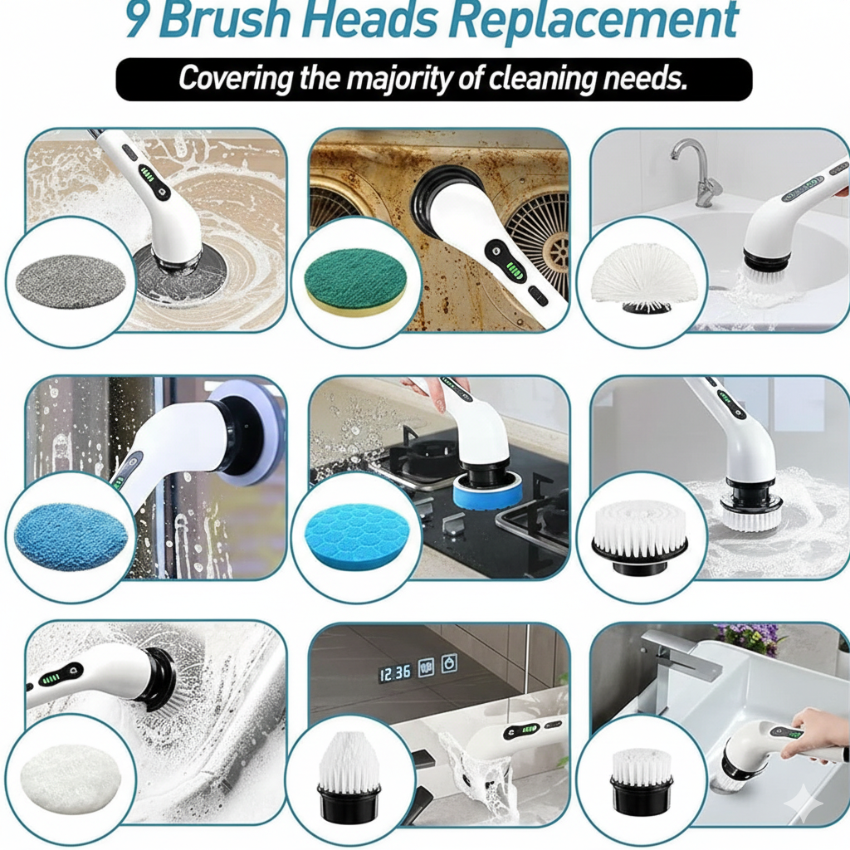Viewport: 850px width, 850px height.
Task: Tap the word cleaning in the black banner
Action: point(537,79)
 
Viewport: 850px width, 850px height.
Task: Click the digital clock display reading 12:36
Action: point(395,672)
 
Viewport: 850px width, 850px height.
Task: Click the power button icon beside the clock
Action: point(449,666)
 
